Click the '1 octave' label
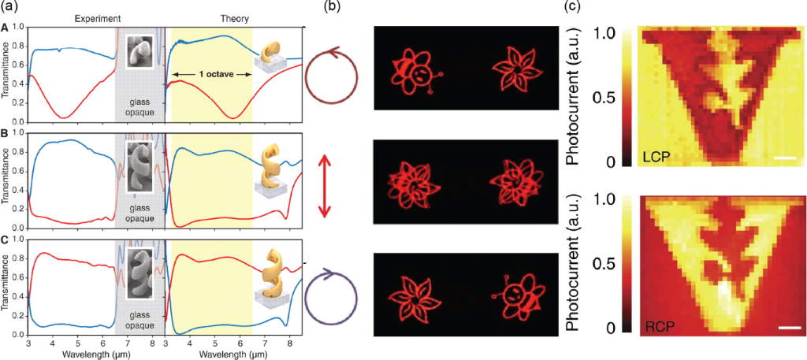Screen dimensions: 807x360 211,74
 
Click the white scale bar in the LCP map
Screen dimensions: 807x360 785,158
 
